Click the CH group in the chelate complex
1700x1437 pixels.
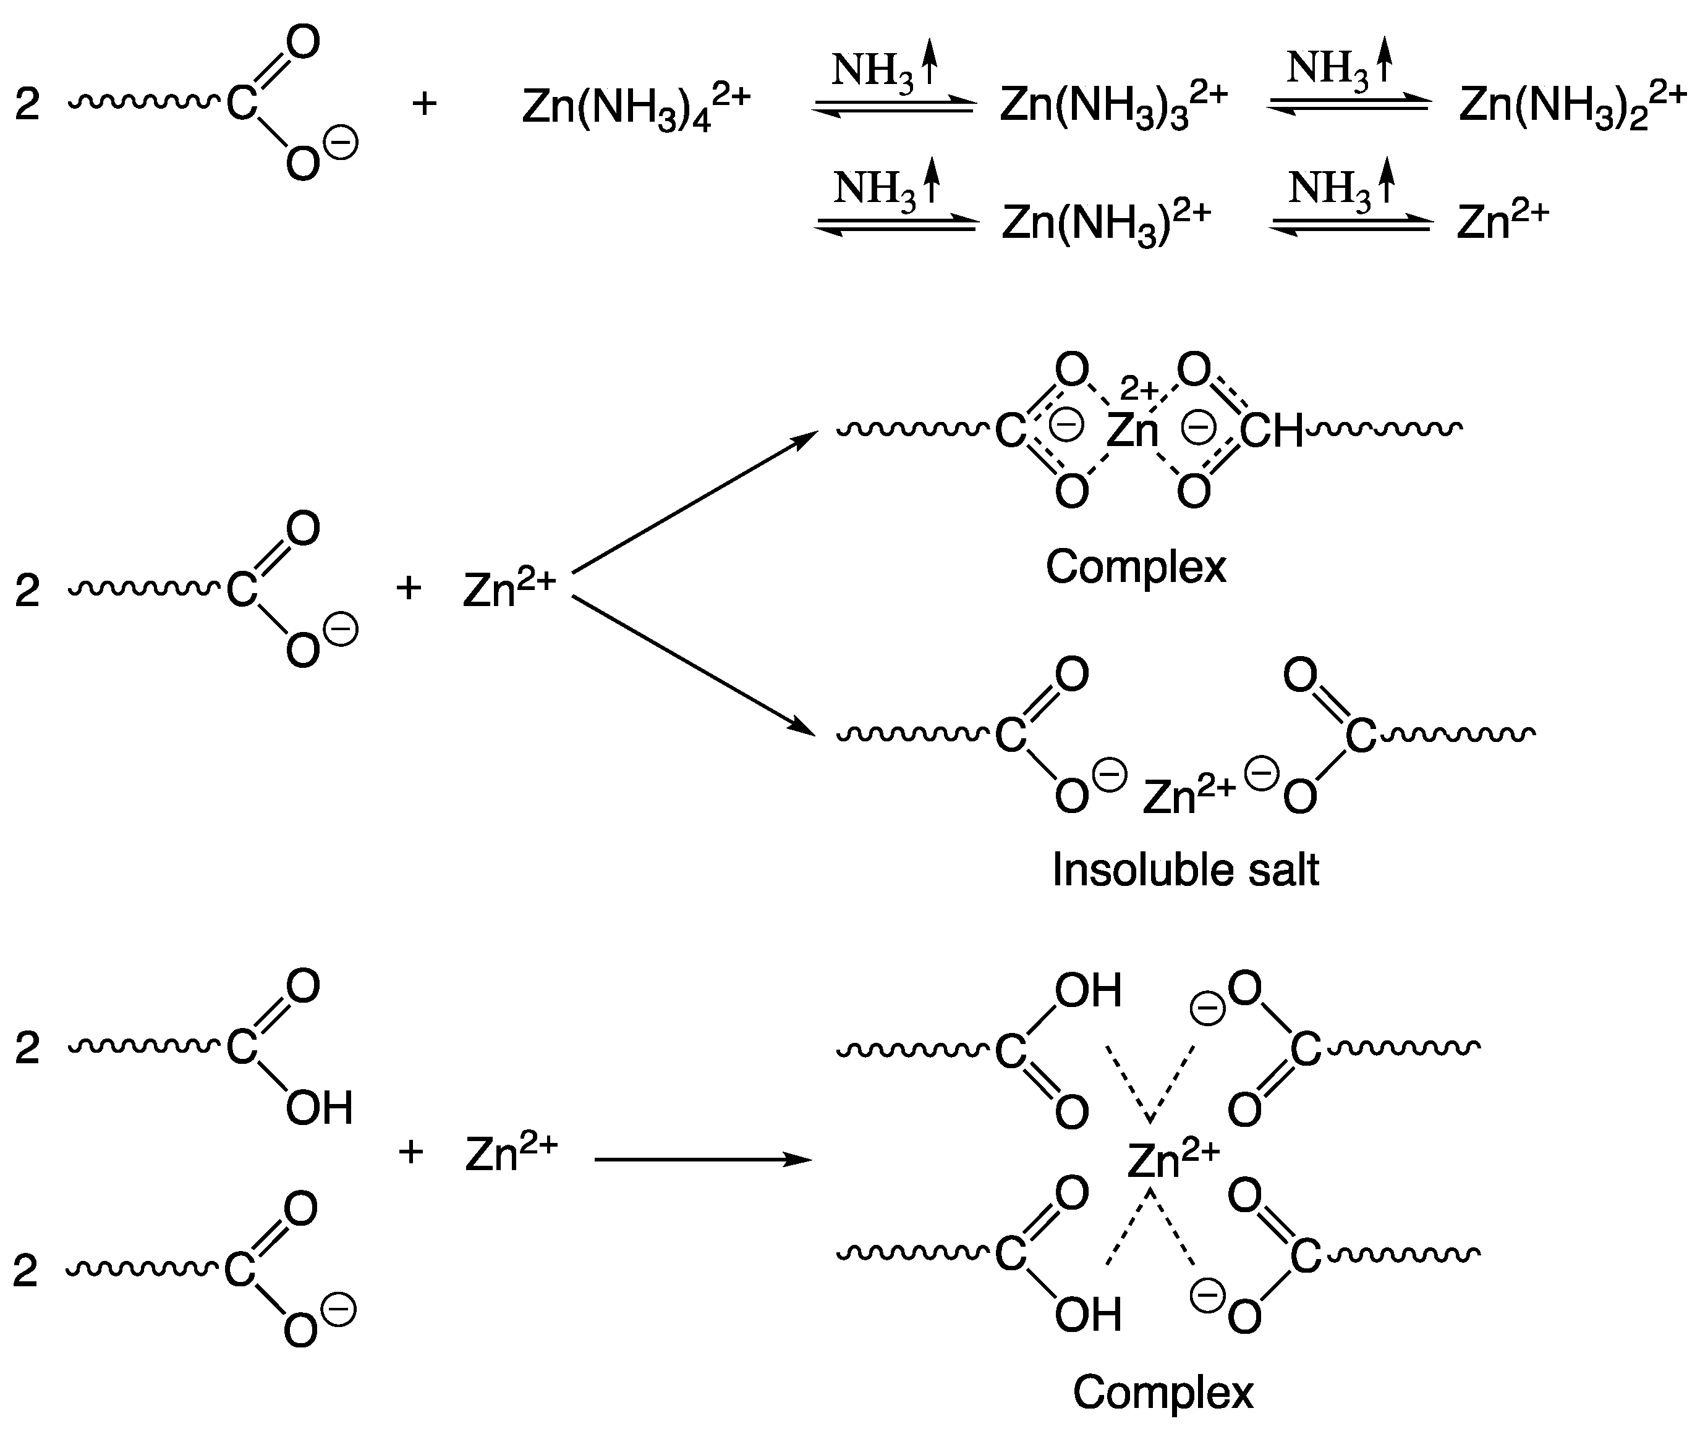(x=1272, y=430)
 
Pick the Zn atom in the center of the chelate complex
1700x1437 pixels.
(x=1132, y=430)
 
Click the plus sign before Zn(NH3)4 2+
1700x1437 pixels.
(x=424, y=103)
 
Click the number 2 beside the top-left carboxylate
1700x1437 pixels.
(x=27, y=105)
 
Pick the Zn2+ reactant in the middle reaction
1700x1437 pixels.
(x=509, y=588)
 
